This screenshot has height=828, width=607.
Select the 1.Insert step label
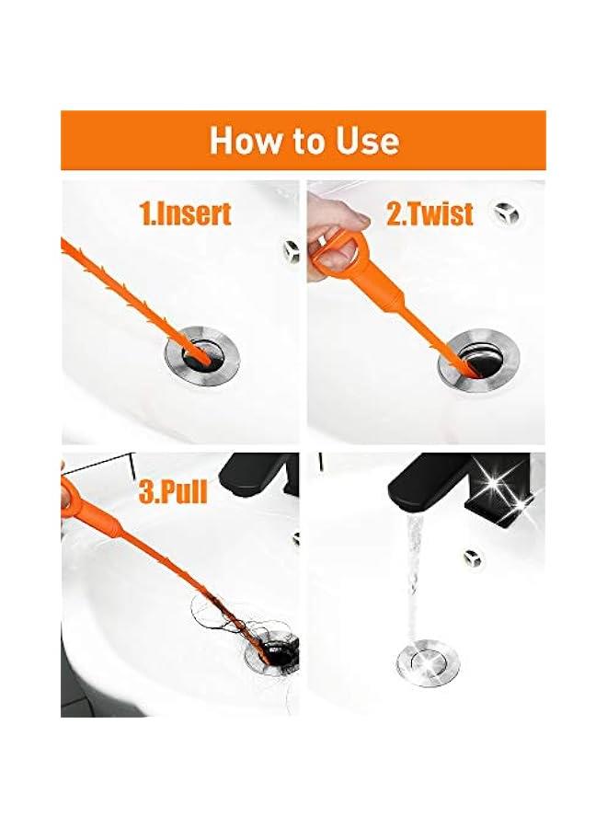tap(185, 213)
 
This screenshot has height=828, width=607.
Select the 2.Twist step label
tap(429, 213)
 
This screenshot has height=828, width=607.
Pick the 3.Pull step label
tap(173, 491)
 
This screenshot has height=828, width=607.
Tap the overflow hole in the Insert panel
tap(292, 248)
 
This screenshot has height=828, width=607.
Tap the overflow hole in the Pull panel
tap(296, 537)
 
